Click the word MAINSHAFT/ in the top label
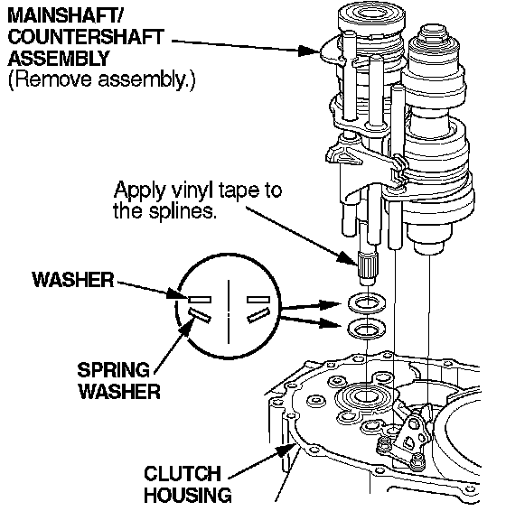64,16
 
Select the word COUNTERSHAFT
86,37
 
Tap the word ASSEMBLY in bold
59,59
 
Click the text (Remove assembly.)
101,79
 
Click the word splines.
183,211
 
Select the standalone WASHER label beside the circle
73,280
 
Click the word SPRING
113,370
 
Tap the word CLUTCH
183,473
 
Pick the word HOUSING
188,495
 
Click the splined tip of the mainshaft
368,265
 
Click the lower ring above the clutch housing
367,330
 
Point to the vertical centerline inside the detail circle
229,311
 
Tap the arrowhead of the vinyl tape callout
348,259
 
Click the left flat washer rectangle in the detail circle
200,300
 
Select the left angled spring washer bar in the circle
200,315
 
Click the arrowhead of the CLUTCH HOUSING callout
286,451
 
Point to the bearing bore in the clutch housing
362,396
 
